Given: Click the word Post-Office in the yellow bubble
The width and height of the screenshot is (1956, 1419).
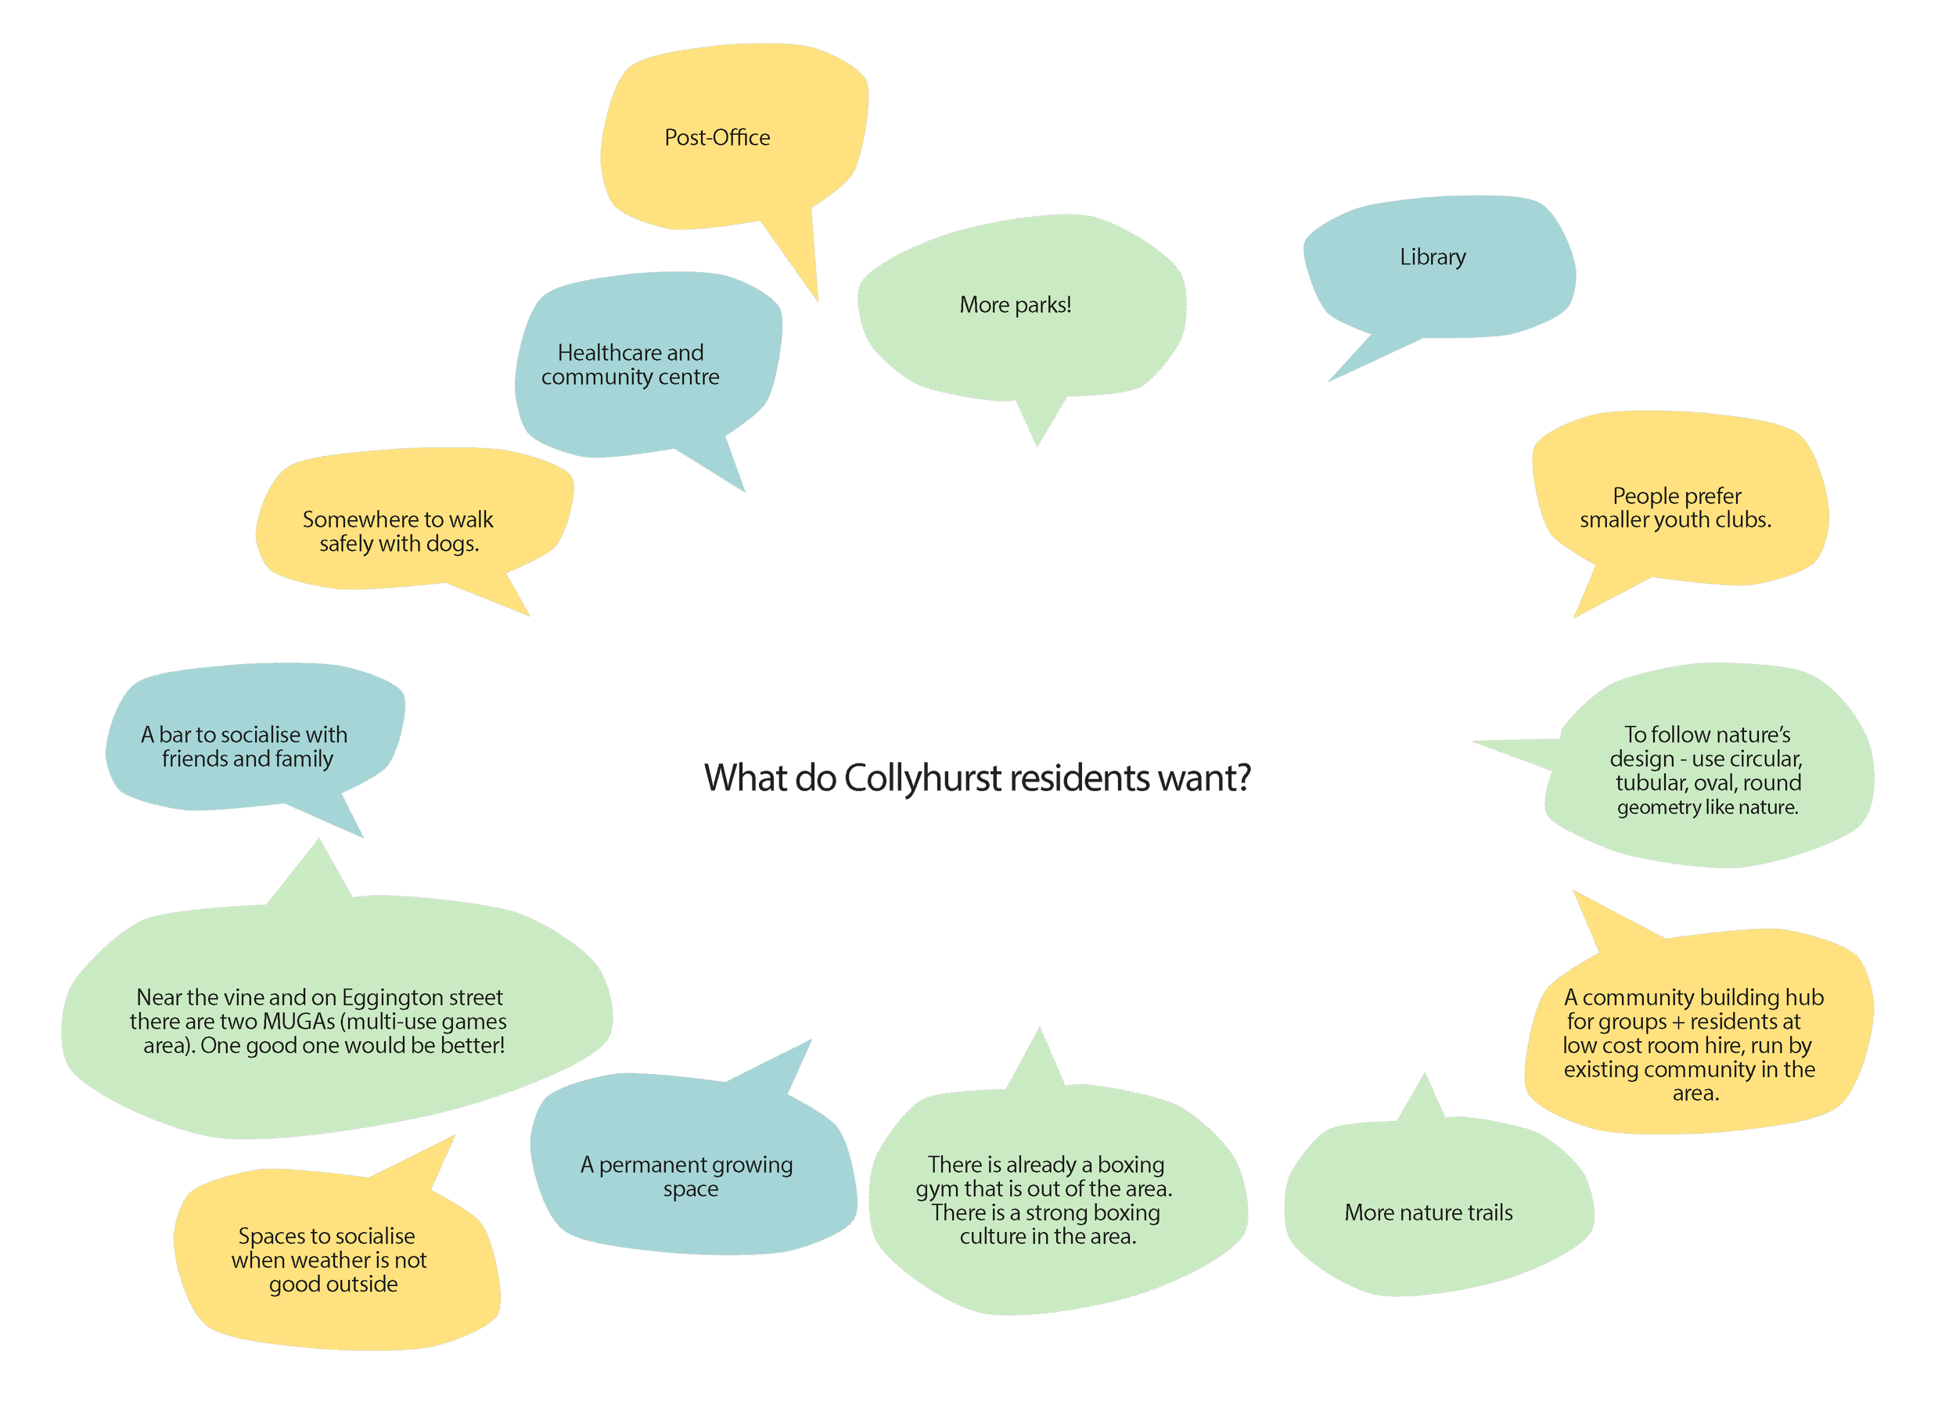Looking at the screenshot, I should coord(717,138).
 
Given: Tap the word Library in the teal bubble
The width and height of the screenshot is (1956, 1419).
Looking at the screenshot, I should coord(1433,257).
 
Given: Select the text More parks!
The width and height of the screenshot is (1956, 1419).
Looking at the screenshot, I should coord(1015,305).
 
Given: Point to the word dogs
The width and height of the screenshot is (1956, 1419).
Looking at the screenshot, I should coord(452,544).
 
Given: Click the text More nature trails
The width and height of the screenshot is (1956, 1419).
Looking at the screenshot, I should coord(1428,1213).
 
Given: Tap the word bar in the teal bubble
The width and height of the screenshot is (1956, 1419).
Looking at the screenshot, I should coord(175,735).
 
